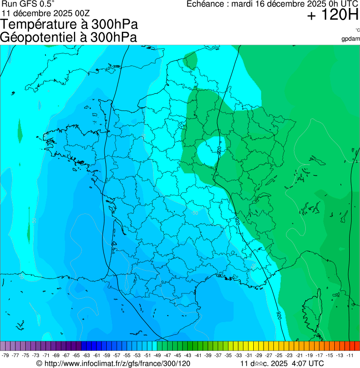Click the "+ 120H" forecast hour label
coord(333,16)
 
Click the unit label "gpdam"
coord(351,38)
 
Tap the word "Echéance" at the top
coord(206,4)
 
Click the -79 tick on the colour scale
coord(5,355)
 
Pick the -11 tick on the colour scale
coord(350,355)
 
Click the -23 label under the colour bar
coord(289,355)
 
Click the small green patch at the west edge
coord(20,131)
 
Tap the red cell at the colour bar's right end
coord(357,346)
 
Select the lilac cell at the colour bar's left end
coord(3,346)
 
